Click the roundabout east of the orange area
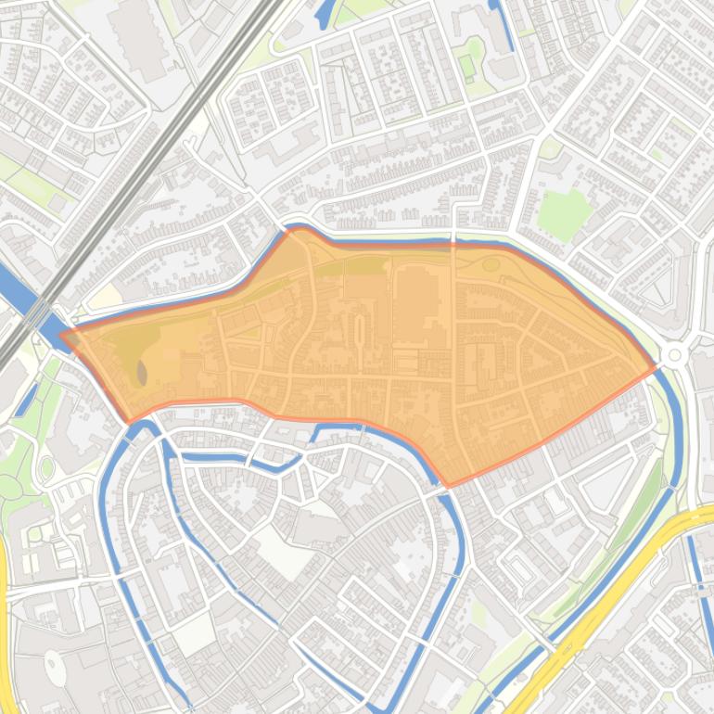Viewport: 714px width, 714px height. coord(675,355)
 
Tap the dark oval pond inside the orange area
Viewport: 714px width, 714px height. coord(142,373)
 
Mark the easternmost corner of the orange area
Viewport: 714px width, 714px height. coord(655,368)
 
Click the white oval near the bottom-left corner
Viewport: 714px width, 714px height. coord(56,668)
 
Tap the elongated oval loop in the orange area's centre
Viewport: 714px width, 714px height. coord(360,328)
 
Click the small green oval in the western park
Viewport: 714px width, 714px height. coord(47,467)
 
